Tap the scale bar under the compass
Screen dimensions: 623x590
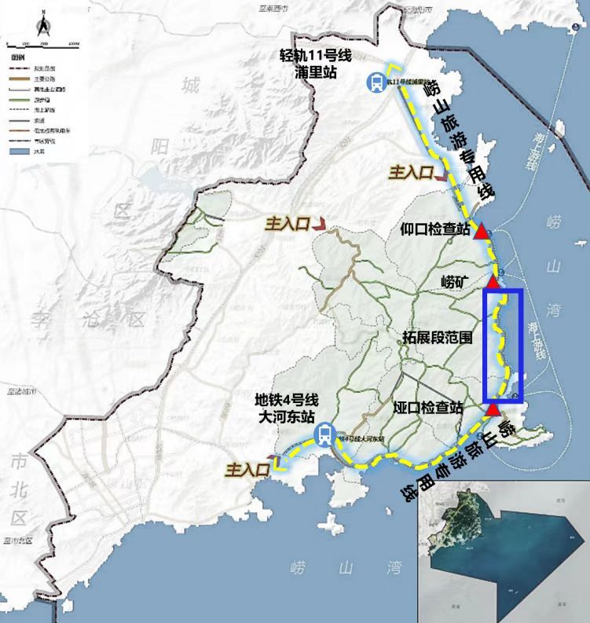click(x=42, y=44)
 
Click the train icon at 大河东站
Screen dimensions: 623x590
click(x=324, y=434)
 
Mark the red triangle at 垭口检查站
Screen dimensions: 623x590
click(x=493, y=409)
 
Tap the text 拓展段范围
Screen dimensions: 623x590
click(x=437, y=339)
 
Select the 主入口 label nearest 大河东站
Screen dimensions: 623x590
click(x=248, y=470)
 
